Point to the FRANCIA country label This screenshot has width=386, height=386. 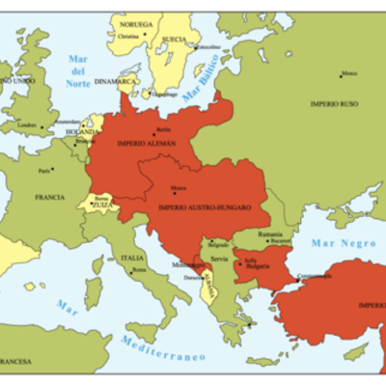[x=49, y=197]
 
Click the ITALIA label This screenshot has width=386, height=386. [x=132, y=258]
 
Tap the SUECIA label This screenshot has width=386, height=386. [x=175, y=40]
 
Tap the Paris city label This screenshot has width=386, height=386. [x=44, y=170]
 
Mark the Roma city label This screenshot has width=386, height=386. [x=139, y=271]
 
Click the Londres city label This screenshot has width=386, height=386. [x=27, y=125]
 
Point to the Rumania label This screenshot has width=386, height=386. [x=269, y=234]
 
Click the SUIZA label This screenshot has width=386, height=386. [x=102, y=205]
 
